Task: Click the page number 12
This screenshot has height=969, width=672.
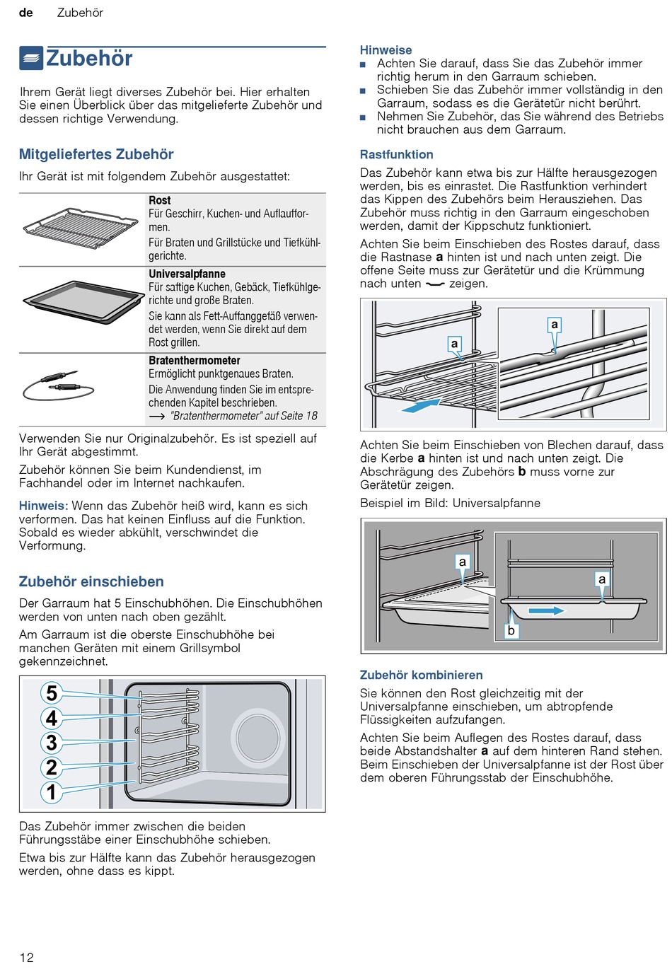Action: point(27,957)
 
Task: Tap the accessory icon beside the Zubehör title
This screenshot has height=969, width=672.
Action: point(31,58)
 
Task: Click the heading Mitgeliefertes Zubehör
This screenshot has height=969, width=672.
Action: point(96,154)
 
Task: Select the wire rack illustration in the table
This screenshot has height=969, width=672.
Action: point(81,229)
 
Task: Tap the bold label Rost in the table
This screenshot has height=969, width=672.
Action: point(160,201)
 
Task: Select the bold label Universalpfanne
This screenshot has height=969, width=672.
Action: point(187,274)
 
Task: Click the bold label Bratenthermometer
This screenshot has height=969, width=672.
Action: point(195,361)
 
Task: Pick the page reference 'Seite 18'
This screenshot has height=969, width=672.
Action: point(299,416)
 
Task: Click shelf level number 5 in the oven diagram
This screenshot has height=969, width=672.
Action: point(52,693)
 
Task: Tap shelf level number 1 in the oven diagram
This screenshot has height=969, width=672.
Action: point(52,792)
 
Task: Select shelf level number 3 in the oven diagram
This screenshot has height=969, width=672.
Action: point(52,743)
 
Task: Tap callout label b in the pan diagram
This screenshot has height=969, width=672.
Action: point(511,630)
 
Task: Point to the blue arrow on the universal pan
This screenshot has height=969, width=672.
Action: point(546,610)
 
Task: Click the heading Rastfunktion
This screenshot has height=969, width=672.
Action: point(397,155)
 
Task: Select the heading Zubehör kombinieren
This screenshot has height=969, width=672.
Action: point(422,675)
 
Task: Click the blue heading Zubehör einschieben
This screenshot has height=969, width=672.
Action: point(91,581)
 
